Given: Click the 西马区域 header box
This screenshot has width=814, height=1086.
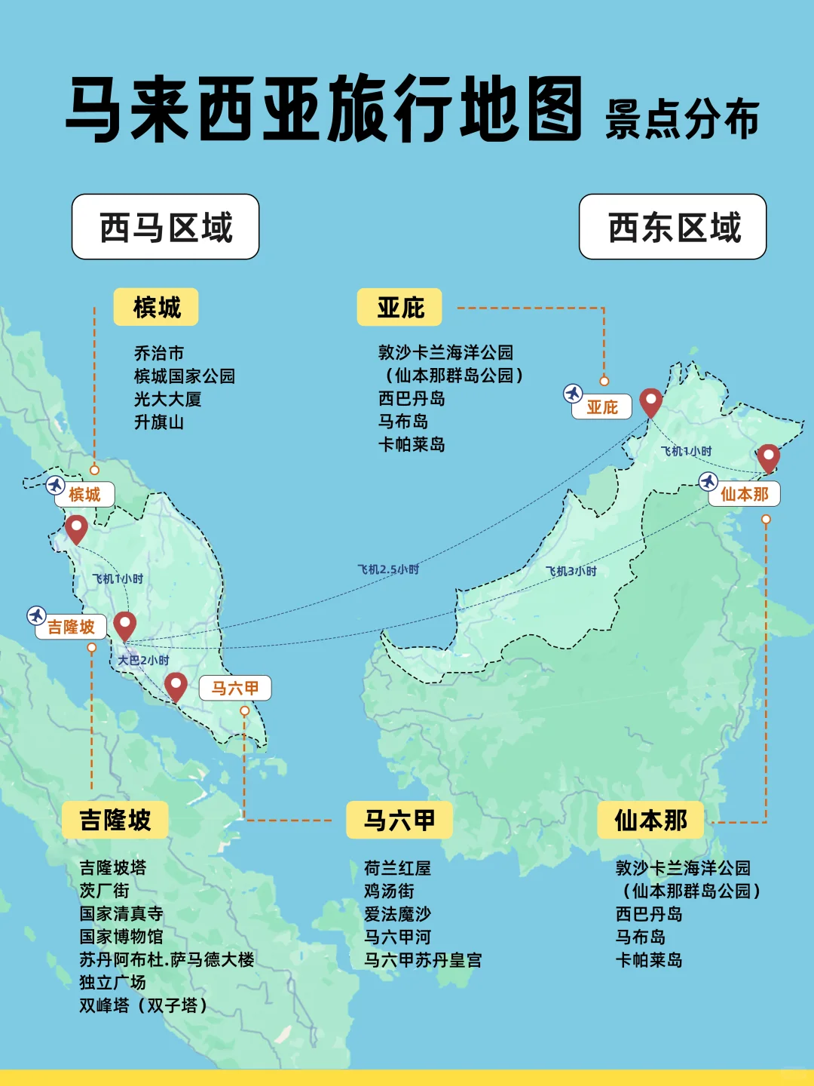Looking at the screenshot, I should pyautogui.click(x=166, y=227).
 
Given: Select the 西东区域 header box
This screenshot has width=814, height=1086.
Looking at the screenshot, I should pyautogui.click(x=673, y=227).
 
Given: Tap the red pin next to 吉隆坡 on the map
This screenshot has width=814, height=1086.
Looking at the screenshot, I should pyautogui.click(x=125, y=625).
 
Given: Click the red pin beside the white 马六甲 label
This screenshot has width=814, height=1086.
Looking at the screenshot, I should pyautogui.click(x=176, y=686).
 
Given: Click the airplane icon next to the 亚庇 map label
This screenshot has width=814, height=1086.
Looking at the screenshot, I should pyautogui.click(x=573, y=394).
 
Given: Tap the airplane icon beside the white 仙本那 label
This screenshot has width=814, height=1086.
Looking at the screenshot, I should pyautogui.click(x=708, y=481).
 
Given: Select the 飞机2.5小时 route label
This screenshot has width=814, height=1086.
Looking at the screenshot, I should pyautogui.click(x=388, y=569).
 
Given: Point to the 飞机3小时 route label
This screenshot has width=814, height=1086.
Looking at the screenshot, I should pyautogui.click(x=571, y=571).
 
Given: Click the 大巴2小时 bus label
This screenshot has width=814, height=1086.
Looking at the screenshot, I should pyautogui.click(x=143, y=660).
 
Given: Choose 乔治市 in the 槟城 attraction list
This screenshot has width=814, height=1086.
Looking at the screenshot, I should pyautogui.click(x=159, y=353).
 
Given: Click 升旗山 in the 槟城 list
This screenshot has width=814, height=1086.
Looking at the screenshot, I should pyautogui.click(x=159, y=422).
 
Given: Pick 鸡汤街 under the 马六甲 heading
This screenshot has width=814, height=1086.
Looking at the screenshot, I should pyautogui.click(x=389, y=891).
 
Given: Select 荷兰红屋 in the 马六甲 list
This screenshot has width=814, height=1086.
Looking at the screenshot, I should pyautogui.click(x=397, y=868).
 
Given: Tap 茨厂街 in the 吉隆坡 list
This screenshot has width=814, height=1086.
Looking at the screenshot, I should pyautogui.click(x=105, y=891).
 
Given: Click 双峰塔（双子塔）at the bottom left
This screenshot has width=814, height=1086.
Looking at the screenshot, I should pyautogui.click(x=143, y=1005).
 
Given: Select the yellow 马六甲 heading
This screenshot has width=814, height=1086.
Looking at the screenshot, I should pyautogui.click(x=399, y=820).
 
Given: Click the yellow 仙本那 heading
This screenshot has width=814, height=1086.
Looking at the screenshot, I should pyautogui.click(x=650, y=820).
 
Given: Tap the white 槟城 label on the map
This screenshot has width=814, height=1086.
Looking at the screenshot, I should pyautogui.click(x=84, y=495).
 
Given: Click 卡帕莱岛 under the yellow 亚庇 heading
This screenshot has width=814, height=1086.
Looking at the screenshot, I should pyautogui.click(x=412, y=445).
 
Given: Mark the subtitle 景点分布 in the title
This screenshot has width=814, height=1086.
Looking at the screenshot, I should pyautogui.click(x=682, y=120).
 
